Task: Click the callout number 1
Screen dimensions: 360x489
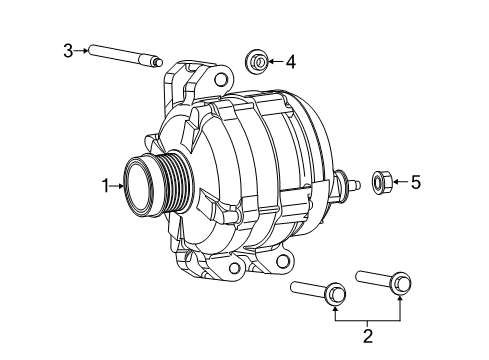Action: coord(104,184)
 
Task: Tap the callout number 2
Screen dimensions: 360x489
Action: coord(367,335)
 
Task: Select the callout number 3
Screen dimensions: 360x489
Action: coord(69,49)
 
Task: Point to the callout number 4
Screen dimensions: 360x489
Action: coord(290,62)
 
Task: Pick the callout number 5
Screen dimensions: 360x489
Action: coord(417,182)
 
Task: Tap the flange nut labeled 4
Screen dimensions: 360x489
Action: coord(256,63)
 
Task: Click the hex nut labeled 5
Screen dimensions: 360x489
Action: coord(381,182)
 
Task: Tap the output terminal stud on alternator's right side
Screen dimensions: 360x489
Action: coord(351,183)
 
